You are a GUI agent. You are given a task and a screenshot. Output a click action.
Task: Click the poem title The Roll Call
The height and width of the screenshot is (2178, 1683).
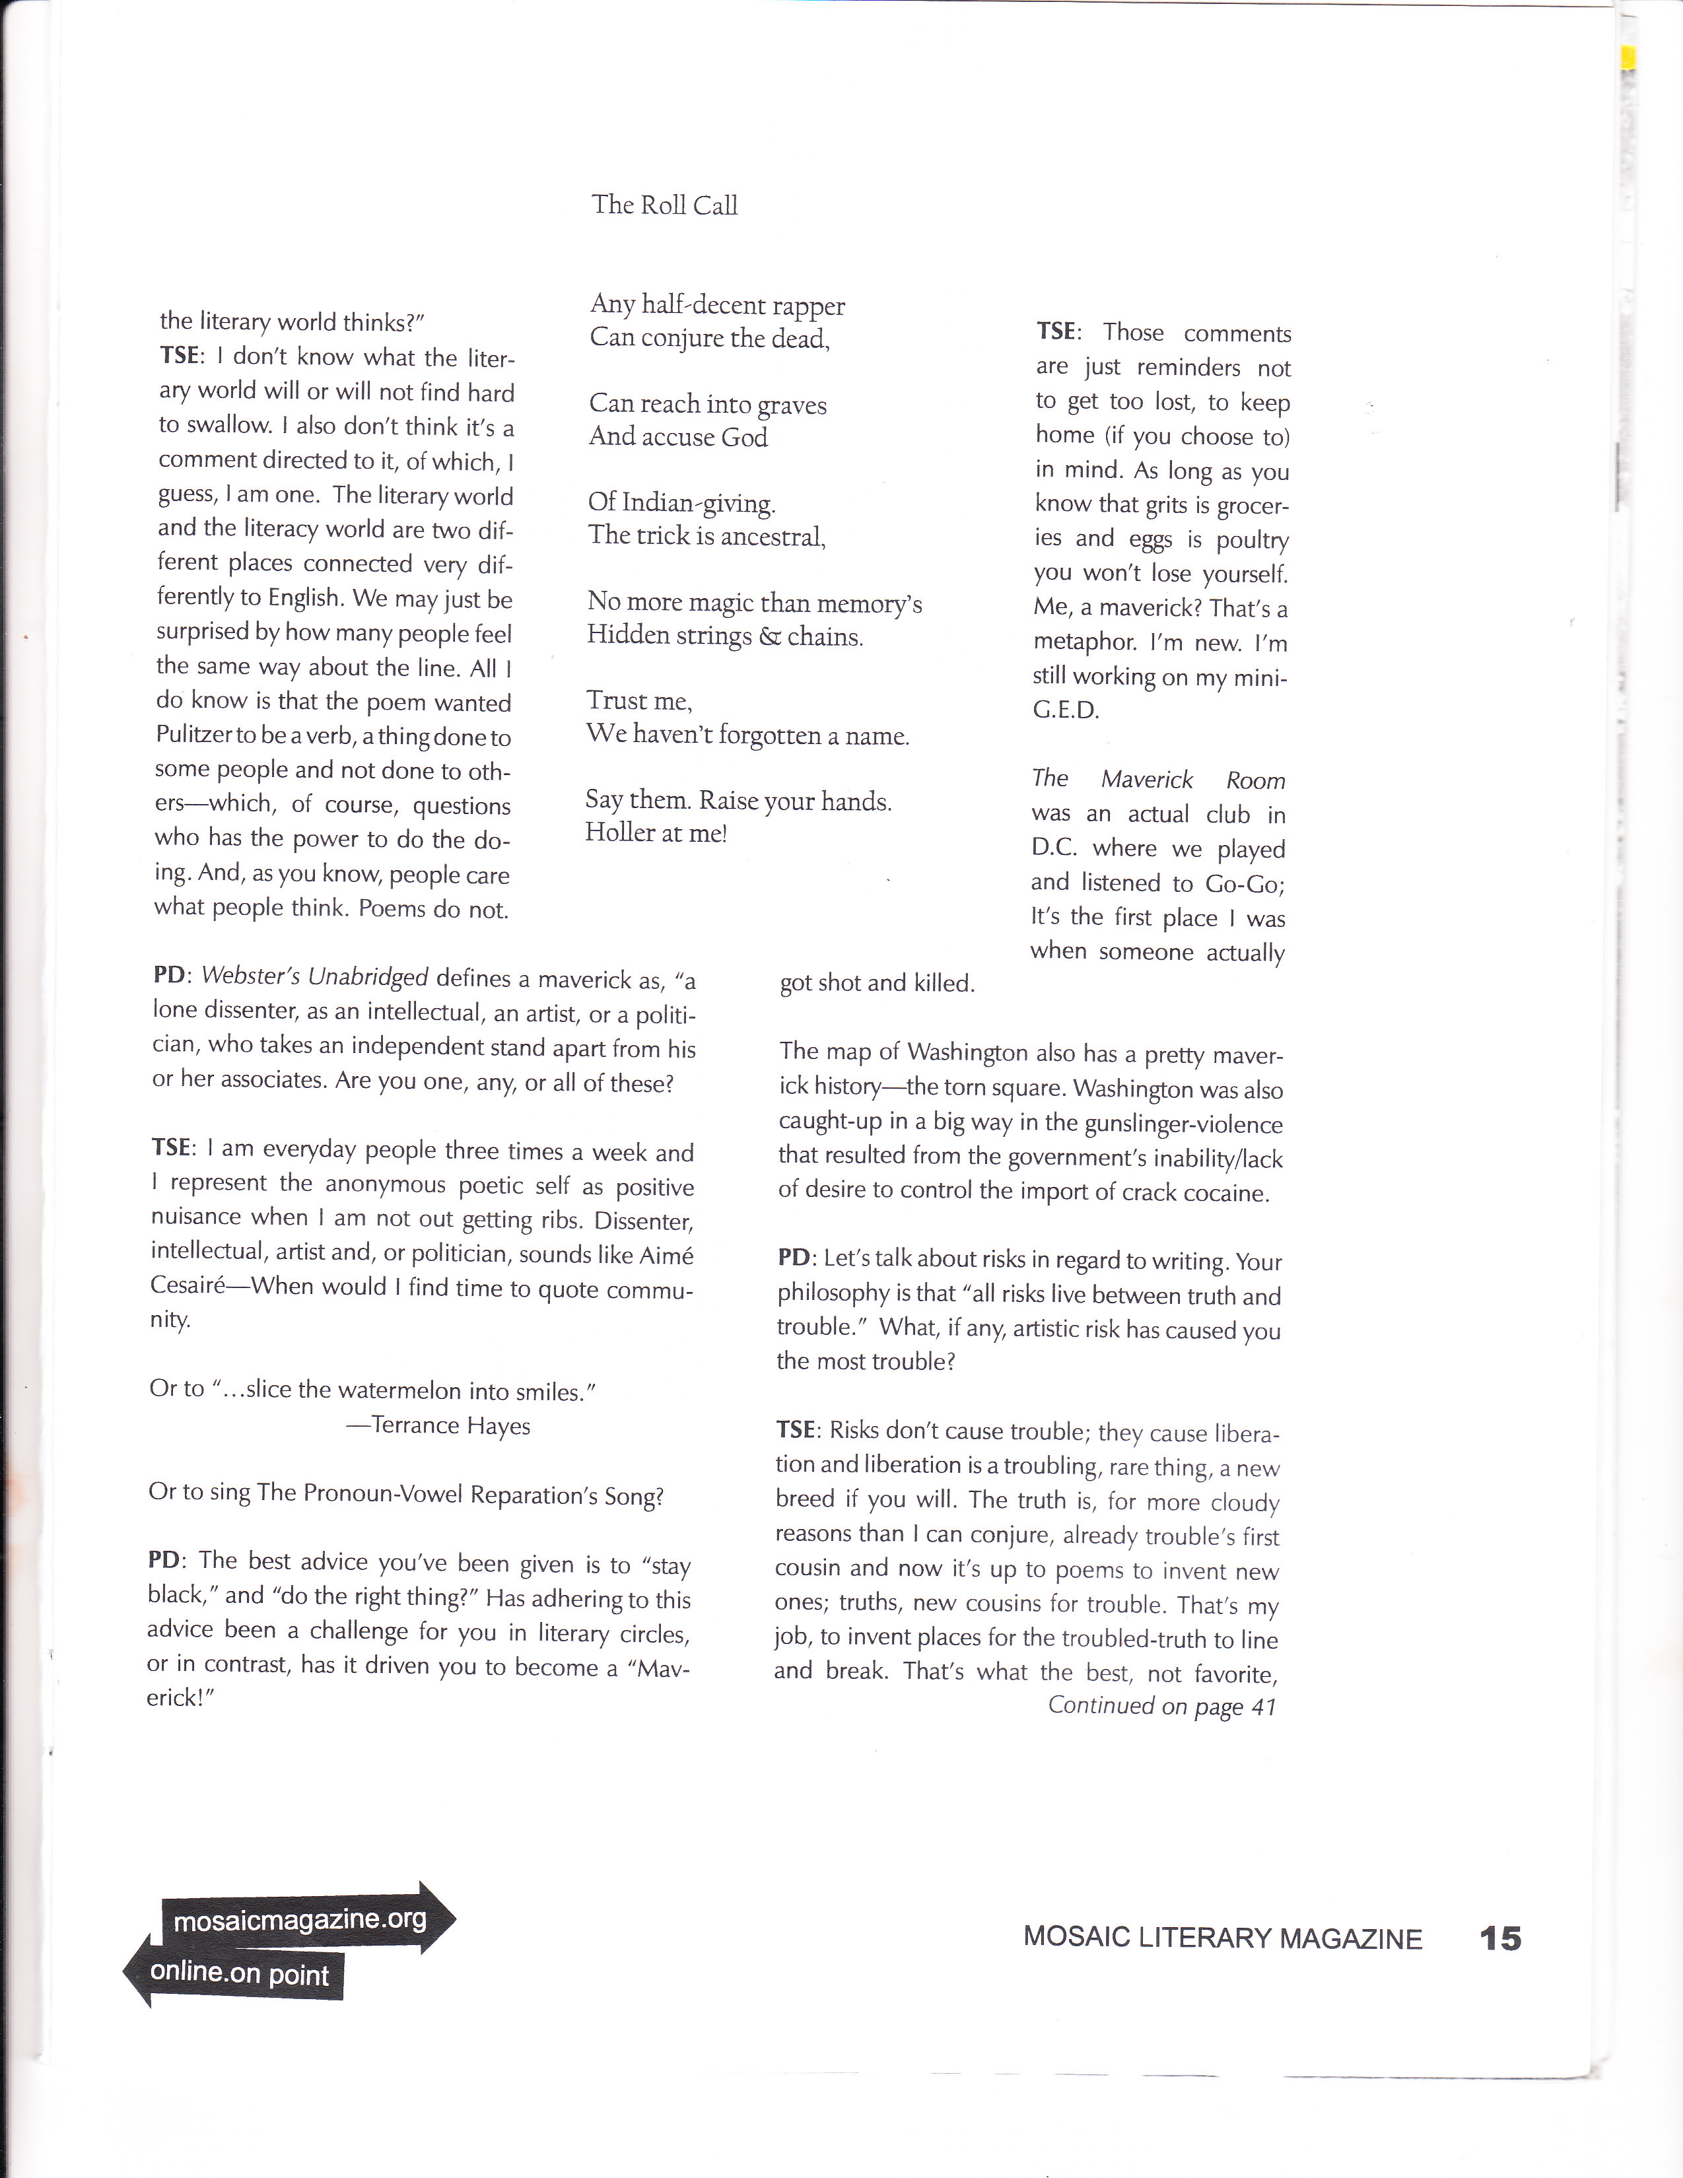[664, 205]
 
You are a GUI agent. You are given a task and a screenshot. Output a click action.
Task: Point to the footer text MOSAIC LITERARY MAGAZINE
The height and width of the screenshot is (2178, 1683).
[1222, 1938]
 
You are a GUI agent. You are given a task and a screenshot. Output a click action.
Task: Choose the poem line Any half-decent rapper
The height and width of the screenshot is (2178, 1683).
[717, 304]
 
